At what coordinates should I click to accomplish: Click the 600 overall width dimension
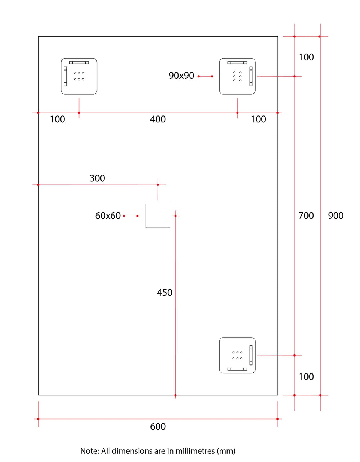[158, 426]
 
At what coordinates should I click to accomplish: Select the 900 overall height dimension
[336, 216]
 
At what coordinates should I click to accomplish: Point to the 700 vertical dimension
[306, 216]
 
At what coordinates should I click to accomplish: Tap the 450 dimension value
[165, 293]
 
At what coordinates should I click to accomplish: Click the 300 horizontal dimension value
[97, 178]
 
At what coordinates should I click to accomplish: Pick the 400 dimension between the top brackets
[158, 119]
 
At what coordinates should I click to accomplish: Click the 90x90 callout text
[181, 76]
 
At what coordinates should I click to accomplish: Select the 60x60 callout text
[108, 216]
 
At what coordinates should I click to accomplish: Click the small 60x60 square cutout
[158, 216]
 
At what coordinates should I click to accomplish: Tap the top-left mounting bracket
[79, 76]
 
